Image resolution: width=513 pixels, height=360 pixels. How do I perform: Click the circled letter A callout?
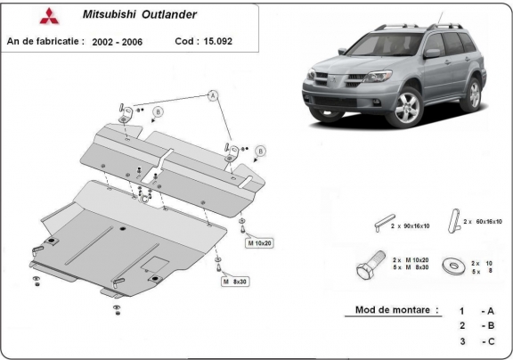point(214,94)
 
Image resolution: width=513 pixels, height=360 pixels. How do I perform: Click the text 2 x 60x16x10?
point(485,220)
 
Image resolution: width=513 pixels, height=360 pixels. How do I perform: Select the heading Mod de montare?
point(391,310)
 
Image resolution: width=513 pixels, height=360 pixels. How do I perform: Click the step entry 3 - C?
point(473,341)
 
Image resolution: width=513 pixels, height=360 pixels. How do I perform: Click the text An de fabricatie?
point(45,42)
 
